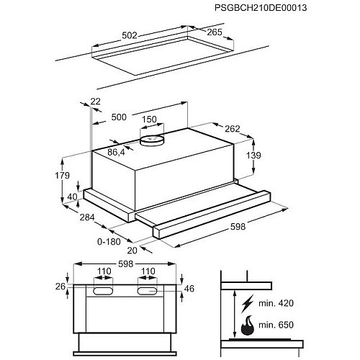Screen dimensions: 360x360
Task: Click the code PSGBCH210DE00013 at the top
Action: click(x=261, y=8)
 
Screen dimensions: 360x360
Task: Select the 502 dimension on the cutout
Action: click(x=130, y=35)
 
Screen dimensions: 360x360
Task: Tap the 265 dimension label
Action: click(x=215, y=32)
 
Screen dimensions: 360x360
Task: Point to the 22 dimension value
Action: click(x=95, y=102)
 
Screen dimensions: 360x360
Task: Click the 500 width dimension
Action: click(x=119, y=117)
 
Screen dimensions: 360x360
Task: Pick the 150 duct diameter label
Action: click(x=149, y=120)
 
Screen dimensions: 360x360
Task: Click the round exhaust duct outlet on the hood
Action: click(x=152, y=140)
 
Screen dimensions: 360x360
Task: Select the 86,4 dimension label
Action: click(x=116, y=152)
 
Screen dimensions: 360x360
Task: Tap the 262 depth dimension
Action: click(x=233, y=129)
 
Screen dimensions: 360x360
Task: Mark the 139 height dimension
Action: click(x=253, y=156)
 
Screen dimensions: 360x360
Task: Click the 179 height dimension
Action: click(x=62, y=176)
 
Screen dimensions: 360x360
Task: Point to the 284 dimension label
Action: click(x=87, y=217)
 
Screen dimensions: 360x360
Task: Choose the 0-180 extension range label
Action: click(x=109, y=242)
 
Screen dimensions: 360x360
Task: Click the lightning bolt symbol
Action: click(x=248, y=303)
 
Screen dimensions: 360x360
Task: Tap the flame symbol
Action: click(x=248, y=325)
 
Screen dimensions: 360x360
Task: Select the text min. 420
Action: click(x=276, y=303)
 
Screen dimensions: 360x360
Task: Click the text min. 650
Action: click(x=276, y=325)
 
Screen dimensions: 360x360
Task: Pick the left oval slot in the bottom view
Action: click(x=103, y=291)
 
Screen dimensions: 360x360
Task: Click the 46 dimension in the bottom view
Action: click(x=189, y=289)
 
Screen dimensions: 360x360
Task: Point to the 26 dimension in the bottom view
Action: click(x=60, y=287)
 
